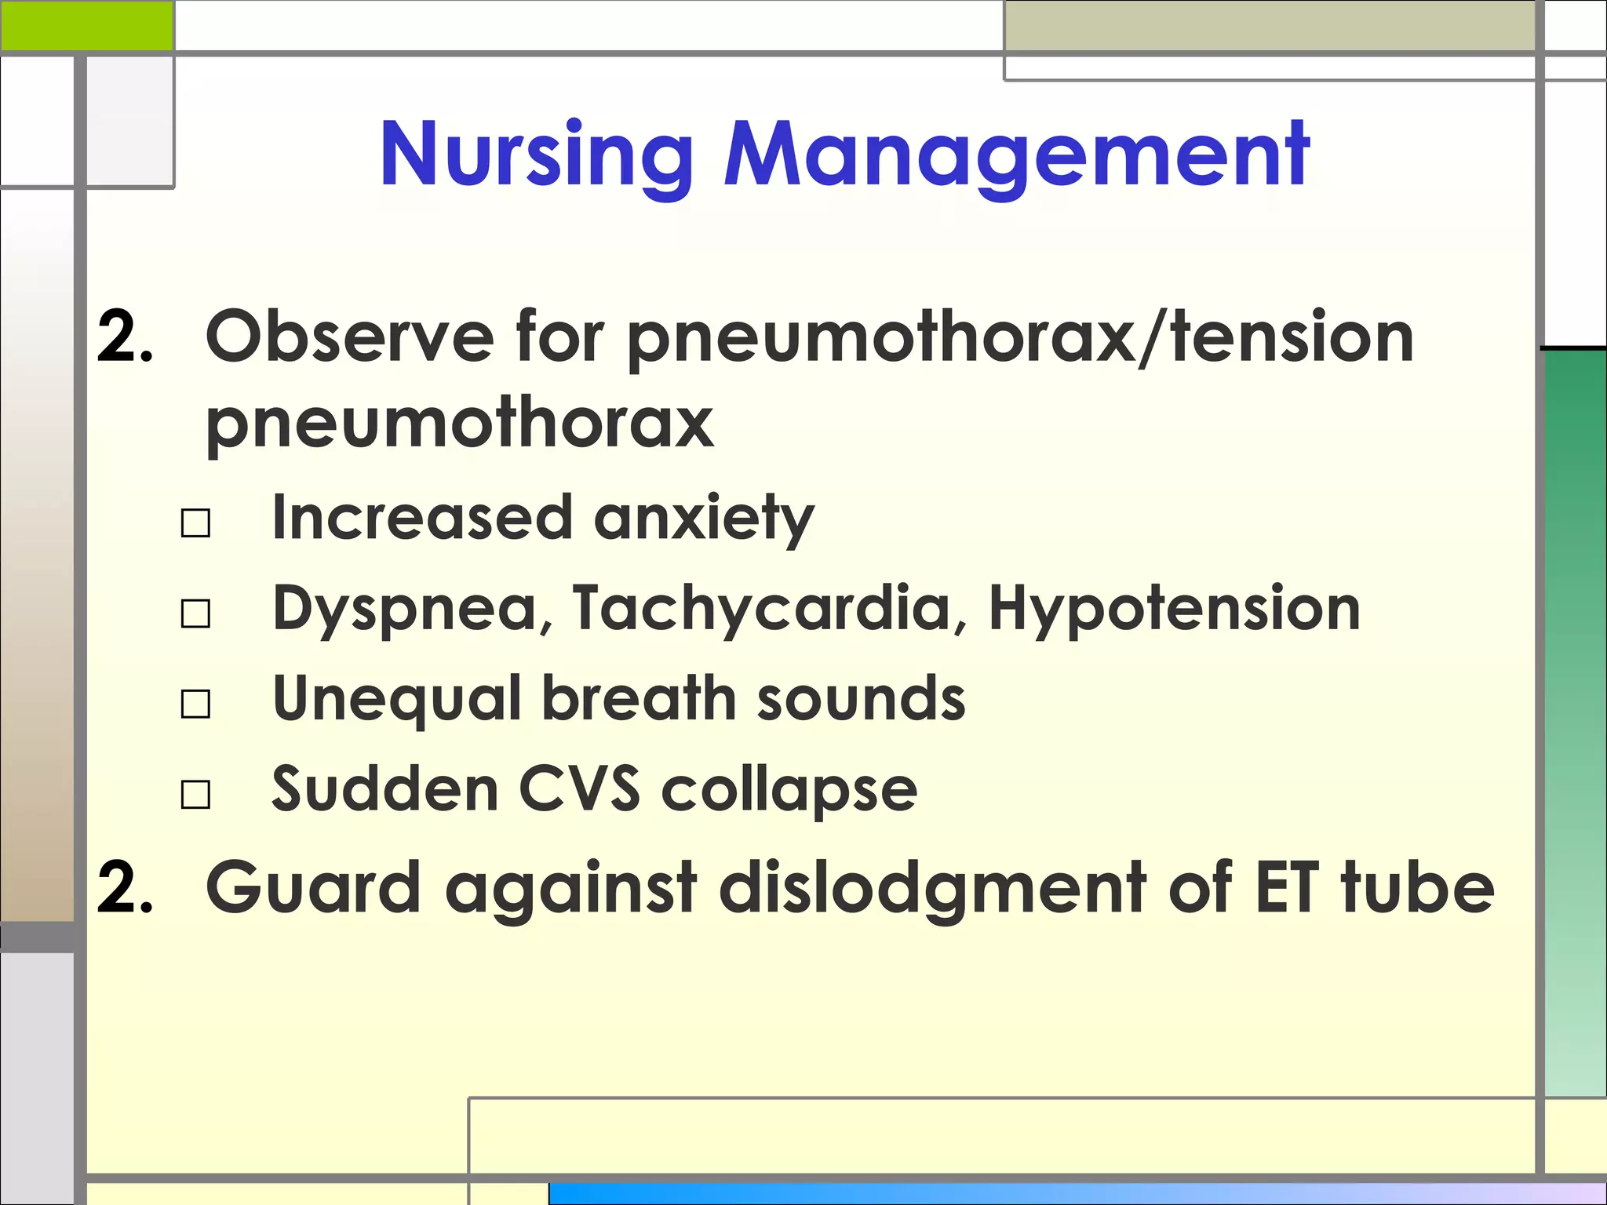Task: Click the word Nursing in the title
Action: pos(536,155)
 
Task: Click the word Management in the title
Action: pos(1015,155)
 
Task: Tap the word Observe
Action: pos(349,337)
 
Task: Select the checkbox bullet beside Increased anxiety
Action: pos(195,522)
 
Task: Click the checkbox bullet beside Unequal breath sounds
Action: pos(195,704)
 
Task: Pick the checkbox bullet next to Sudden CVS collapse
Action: pos(195,794)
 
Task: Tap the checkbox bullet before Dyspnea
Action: pos(195,613)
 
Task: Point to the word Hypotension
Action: pos(1174,610)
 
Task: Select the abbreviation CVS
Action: pos(579,788)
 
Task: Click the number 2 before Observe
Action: pos(123,337)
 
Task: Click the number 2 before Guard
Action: pos(123,888)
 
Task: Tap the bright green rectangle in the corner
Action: pos(86,25)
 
